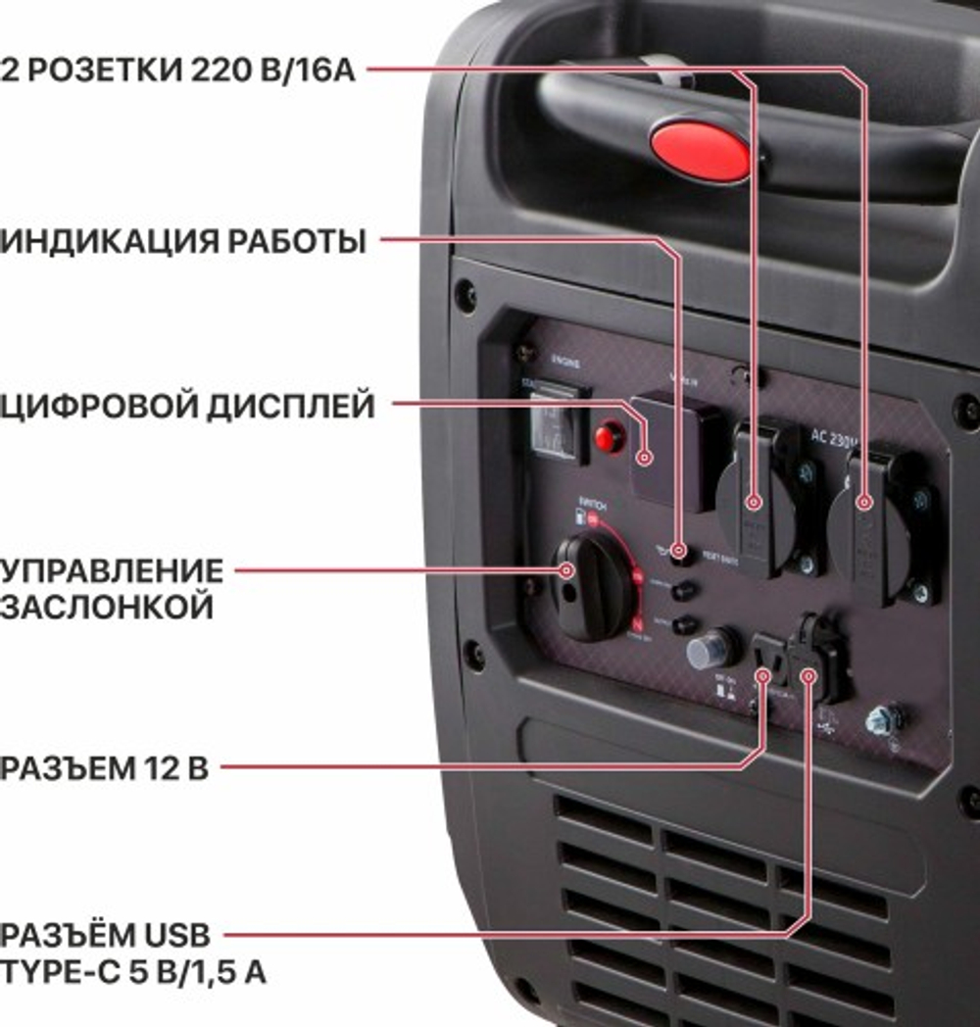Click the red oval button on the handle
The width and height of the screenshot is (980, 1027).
point(700,150)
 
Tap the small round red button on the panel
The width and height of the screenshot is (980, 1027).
point(610,436)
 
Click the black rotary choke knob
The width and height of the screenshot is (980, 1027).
point(592,588)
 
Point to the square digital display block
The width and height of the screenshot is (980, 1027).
point(676,451)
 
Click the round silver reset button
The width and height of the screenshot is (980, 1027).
point(711,649)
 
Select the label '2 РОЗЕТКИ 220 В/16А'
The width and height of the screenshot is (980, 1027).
point(178,70)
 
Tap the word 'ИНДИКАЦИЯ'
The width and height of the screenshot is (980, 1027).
point(112,241)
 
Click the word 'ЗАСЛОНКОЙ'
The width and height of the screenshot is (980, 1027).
point(107,607)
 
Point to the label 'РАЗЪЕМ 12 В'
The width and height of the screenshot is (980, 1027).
point(104,768)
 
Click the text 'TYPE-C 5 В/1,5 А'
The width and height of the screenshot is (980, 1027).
point(132,973)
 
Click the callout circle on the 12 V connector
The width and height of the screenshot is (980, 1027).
point(763,675)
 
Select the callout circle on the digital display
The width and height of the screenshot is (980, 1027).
point(646,457)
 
